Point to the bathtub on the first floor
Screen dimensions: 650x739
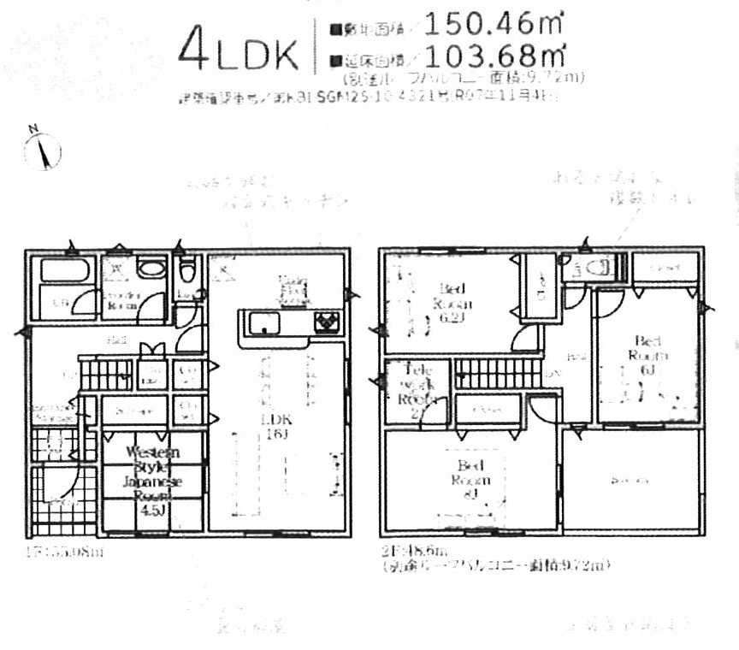pyautogui.click(x=65, y=271)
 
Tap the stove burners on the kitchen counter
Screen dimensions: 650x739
pyautogui.click(x=326, y=323)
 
